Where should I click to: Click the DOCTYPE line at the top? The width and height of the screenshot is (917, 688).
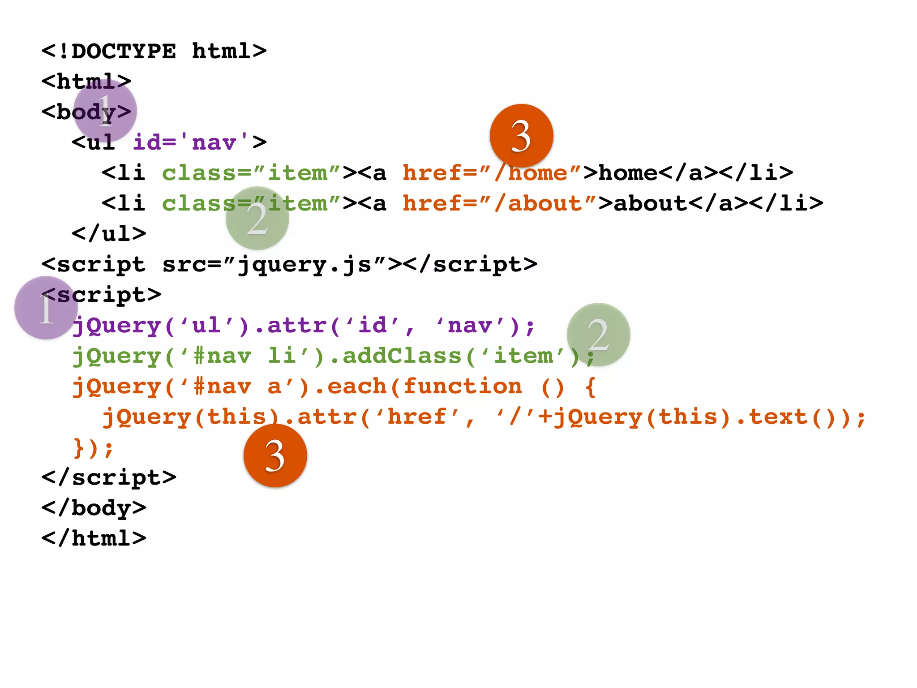tap(154, 51)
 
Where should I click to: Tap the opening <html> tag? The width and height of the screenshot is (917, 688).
tap(86, 82)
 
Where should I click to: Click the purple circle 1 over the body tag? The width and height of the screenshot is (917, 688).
tap(105, 111)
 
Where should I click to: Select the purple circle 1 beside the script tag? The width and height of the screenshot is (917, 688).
tap(46, 308)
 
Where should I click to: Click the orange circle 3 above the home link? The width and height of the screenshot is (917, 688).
tap(521, 136)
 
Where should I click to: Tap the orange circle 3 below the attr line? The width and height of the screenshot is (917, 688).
tap(275, 456)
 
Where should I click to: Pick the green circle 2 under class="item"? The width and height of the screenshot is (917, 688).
tap(257, 218)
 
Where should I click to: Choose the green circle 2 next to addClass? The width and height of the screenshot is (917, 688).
tap(598, 335)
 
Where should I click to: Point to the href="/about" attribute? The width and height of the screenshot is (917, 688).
tap(500, 203)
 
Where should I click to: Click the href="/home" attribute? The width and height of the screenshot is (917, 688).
tap(492, 173)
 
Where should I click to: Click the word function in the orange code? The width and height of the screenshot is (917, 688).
tap(463, 386)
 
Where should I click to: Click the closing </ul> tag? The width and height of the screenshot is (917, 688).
tap(109, 234)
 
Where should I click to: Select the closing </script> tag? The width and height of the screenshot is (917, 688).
tap(109, 477)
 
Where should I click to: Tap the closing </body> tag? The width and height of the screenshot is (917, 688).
tap(94, 508)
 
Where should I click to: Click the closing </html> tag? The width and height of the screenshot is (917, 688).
tap(94, 538)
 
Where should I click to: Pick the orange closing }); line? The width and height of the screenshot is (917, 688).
tap(94, 447)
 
